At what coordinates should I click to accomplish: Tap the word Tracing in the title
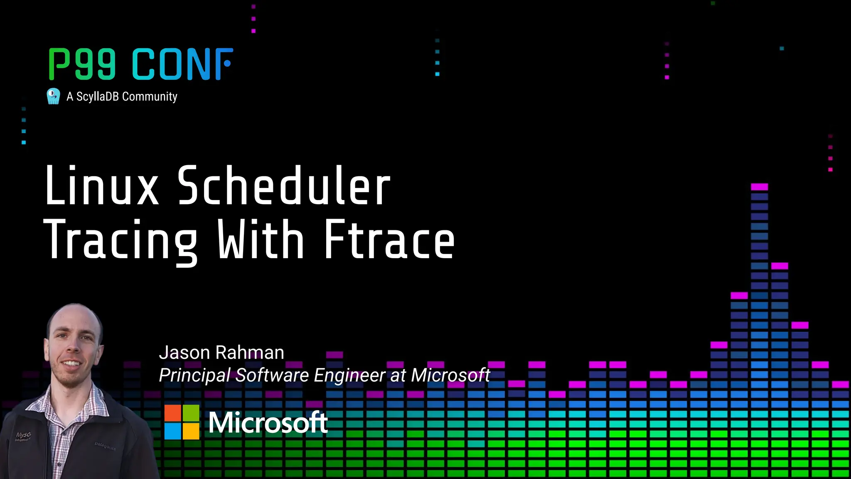click(x=120, y=240)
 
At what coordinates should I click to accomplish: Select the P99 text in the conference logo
click(x=82, y=64)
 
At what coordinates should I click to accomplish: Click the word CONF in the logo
click(x=182, y=64)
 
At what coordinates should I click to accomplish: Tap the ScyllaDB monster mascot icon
click(x=53, y=96)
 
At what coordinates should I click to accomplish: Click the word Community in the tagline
click(x=150, y=96)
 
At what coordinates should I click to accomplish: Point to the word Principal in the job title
click(x=195, y=375)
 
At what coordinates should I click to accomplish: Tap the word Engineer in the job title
click(x=350, y=375)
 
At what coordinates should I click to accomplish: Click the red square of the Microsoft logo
click(x=173, y=413)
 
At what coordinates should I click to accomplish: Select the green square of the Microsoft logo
click(x=191, y=413)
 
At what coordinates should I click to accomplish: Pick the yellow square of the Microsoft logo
click(x=191, y=431)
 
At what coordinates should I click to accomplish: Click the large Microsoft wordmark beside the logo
click(x=268, y=423)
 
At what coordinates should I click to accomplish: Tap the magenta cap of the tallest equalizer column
click(x=760, y=187)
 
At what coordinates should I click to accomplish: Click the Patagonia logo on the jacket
click(x=105, y=447)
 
